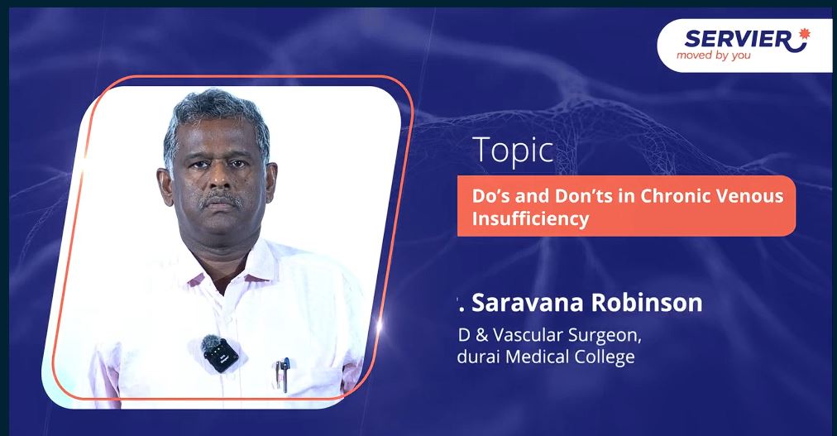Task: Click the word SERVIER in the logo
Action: [x=738, y=39]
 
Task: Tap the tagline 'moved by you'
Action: [x=713, y=55]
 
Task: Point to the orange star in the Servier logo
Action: [x=804, y=34]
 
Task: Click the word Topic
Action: [x=513, y=151]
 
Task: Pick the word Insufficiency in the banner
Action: [x=530, y=218]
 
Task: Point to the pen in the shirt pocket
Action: [x=285, y=375]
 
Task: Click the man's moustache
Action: [x=221, y=200]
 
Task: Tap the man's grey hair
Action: [x=216, y=120]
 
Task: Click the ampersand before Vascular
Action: [x=481, y=336]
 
